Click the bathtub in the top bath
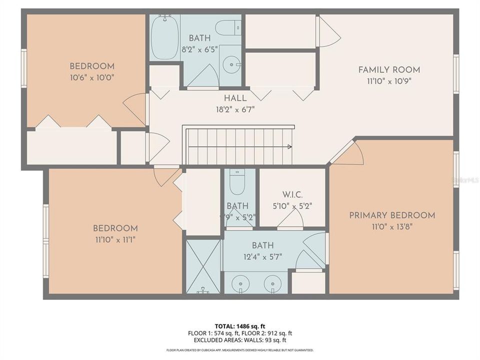164,37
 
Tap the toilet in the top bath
228,27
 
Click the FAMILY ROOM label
389,70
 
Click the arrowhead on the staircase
289,146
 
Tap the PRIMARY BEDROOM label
392,215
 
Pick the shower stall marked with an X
203,266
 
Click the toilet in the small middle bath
237,183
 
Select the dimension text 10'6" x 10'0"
91,77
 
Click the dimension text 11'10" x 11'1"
115,239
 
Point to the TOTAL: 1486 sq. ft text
239,325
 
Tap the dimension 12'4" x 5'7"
262,256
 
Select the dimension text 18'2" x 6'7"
234,109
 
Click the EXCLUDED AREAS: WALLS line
239,340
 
